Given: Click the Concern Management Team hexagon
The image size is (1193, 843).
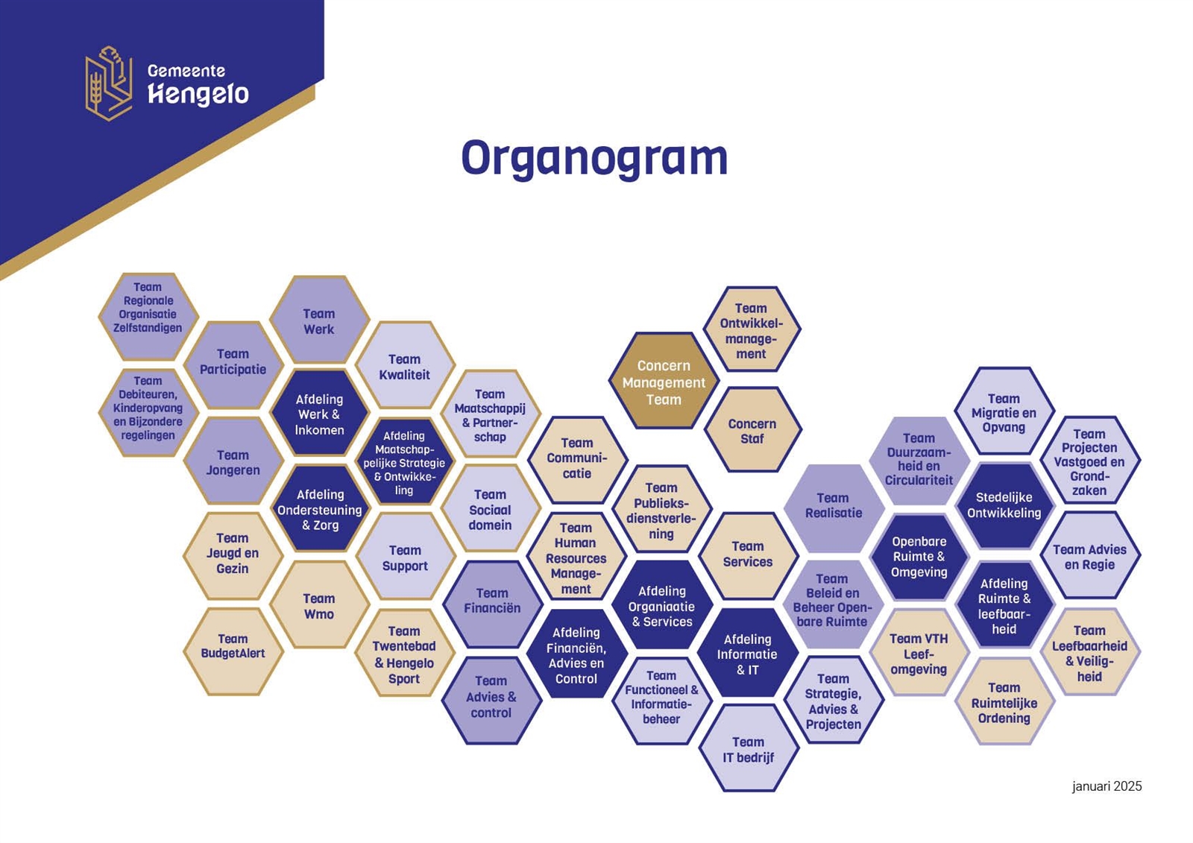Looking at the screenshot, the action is click(664, 381).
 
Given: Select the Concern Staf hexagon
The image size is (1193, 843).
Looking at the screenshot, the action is click(752, 430).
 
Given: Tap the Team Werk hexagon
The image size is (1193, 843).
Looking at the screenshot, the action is click(319, 320).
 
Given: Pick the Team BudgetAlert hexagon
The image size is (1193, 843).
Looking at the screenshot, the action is click(233, 651).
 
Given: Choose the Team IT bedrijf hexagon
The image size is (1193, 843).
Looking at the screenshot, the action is click(749, 748).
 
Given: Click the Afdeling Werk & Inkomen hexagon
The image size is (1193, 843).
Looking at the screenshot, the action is click(319, 414).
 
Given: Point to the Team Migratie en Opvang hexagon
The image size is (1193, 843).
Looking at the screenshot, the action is click(1004, 411).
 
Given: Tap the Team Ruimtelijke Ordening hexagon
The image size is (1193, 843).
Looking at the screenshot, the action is click(1004, 701).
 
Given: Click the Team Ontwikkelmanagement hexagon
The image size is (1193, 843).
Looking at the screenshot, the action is click(752, 329).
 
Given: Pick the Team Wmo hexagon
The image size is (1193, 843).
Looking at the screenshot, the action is click(319, 605).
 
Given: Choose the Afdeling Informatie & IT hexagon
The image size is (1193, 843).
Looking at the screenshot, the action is click(748, 653).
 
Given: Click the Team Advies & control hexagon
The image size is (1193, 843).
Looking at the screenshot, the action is click(491, 701).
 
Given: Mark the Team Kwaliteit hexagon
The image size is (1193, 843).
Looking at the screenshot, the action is click(405, 365).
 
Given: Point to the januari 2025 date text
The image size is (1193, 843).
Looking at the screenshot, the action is click(1107, 786).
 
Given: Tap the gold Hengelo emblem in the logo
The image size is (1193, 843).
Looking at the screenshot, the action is click(109, 83).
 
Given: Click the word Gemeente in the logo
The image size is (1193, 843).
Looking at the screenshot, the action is click(186, 71).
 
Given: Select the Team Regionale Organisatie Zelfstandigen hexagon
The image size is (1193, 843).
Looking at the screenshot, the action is click(148, 317).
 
